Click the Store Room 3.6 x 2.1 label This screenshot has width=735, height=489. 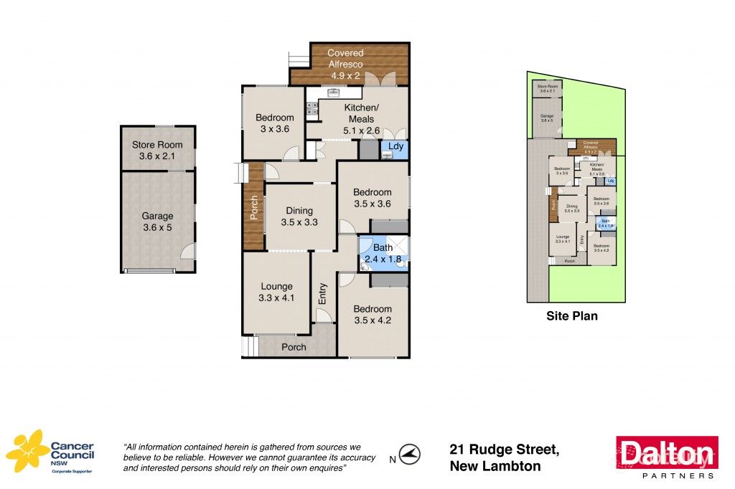coord(157,151)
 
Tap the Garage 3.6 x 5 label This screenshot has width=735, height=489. coord(157,222)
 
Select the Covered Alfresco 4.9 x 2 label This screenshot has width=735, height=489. coord(345,64)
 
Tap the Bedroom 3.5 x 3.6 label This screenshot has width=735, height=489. coord(372,198)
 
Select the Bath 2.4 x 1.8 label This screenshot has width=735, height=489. coord(383,254)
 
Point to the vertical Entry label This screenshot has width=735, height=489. coord(323,294)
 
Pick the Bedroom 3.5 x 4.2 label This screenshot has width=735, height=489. coord(372,315)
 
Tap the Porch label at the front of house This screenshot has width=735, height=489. coord(294,347)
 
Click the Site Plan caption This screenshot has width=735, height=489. coord(571,315)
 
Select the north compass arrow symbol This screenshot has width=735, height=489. coord(410,453)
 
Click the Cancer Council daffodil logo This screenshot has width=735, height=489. coord(27,452)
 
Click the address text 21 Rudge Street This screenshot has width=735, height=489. coord(504,450)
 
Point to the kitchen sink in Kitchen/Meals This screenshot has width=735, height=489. coord(334,92)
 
